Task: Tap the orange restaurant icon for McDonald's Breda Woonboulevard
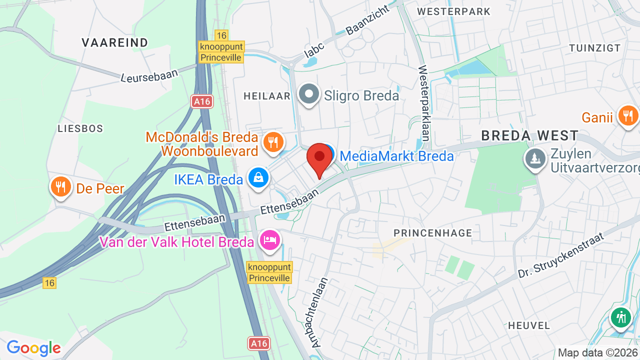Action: point(272,141)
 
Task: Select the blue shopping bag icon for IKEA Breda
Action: point(258,177)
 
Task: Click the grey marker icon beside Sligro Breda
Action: point(309,94)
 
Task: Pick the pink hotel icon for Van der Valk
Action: point(270,240)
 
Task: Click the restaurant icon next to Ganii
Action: point(628,116)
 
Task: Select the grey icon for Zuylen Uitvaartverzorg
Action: point(535,158)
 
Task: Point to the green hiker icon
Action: point(621,317)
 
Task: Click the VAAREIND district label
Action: point(115,42)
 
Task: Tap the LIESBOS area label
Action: point(80,128)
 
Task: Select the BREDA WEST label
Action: point(529,135)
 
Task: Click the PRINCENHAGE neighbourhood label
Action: point(432,233)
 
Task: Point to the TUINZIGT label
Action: point(594,48)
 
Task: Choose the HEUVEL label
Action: point(529,325)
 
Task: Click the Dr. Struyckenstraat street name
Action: point(561,255)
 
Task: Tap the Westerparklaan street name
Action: point(424,105)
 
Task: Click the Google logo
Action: point(33,348)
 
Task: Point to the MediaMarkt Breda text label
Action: point(396,156)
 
